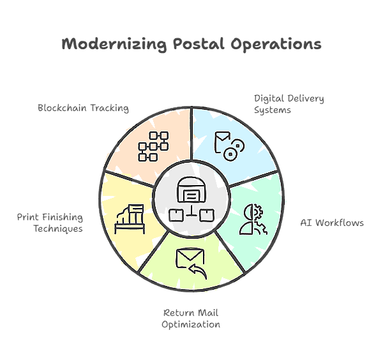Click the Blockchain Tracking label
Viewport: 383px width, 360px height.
click(x=83, y=108)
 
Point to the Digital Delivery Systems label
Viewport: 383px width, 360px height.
click(x=289, y=104)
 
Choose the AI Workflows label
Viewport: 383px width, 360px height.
click(x=332, y=223)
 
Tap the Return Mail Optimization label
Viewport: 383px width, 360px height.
click(x=191, y=319)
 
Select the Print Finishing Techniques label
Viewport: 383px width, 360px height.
click(x=50, y=223)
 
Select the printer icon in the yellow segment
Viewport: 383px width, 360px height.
click(x=130, y=219)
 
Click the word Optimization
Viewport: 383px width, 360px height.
click(x=191, y=324)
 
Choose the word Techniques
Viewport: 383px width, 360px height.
click(x=58, y=229)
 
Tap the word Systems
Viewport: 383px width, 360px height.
click(x=272, y=110)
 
